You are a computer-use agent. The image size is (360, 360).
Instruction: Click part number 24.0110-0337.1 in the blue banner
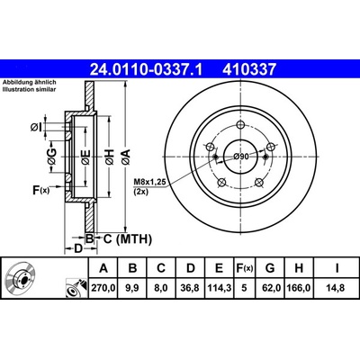pyautogui.click(x=147, y=69)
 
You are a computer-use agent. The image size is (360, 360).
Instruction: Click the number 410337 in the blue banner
pyautogui.click(x=249, y=69)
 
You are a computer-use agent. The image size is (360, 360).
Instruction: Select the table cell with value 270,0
pyautogui.click(x=103, y=288)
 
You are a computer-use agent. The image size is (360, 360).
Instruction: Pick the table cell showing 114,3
pyautogui.click(x=220, y=288)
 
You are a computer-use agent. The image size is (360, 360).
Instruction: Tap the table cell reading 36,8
pyautogui.click(x=191, y=288)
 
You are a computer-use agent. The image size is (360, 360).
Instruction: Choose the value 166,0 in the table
pyautogui.click(x=299, y=288)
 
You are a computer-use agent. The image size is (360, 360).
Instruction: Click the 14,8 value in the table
pyautogui.click(x=337, y=288)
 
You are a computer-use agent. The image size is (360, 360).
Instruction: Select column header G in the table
pyautogui.click(x=270, y=268)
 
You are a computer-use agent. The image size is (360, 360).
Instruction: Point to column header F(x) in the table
pyautogui.click(x=245, y=268)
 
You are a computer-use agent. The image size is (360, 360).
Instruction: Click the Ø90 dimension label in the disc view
pyautogui.click(x=241, y=157)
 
